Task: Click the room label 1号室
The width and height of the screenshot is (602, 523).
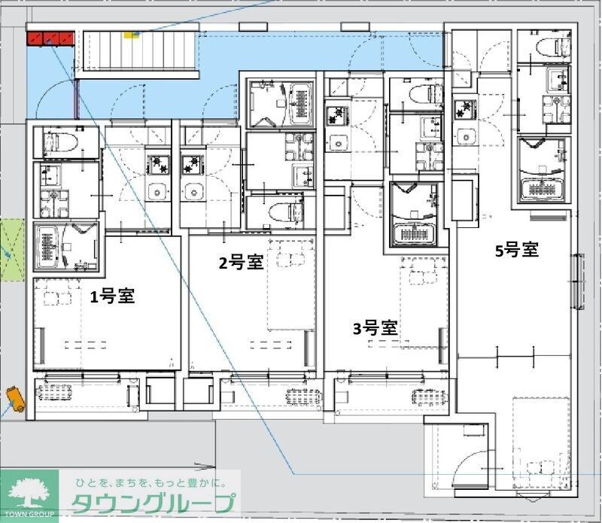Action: pos(112,296)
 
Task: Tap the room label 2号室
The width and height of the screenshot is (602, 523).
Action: pos(240,263)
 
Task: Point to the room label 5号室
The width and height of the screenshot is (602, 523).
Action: pos(516,250)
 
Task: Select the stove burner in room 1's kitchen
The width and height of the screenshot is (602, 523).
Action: pos(159,161)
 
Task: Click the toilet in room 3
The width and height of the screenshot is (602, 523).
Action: pos(425,94)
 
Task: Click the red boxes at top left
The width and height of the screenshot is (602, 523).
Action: pos(49,38)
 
